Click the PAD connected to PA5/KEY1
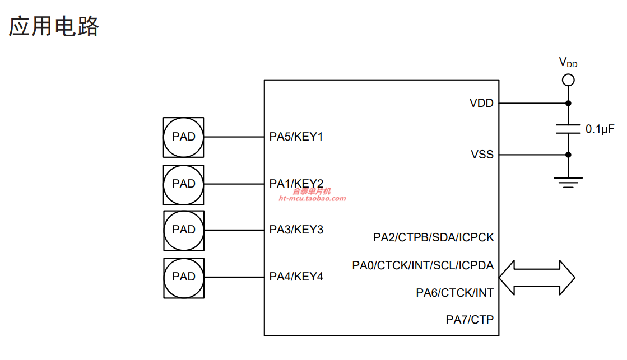click(184, 137)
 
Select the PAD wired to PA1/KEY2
click(184, 185)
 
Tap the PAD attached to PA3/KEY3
click(184, 231)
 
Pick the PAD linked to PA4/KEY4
click(184, 278)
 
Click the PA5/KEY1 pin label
click(296, 137)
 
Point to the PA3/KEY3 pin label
click(296, 230)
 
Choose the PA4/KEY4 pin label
click(296, 277)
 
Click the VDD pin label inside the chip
click(481, 103)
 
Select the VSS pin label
click(482, 154)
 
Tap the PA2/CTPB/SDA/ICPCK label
click(434, 237)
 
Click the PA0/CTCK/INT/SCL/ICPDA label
click(422, 265)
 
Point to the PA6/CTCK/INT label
click(454, 293)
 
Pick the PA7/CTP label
click(470, 320)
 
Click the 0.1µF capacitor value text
click(600, 129)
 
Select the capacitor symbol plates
click(568, 129)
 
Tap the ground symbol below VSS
click(568, 182)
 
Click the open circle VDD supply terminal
click(568, 80)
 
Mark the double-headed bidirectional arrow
click(537, 278)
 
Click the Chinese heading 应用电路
click(54, 26)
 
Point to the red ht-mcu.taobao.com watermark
click(312, 199)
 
